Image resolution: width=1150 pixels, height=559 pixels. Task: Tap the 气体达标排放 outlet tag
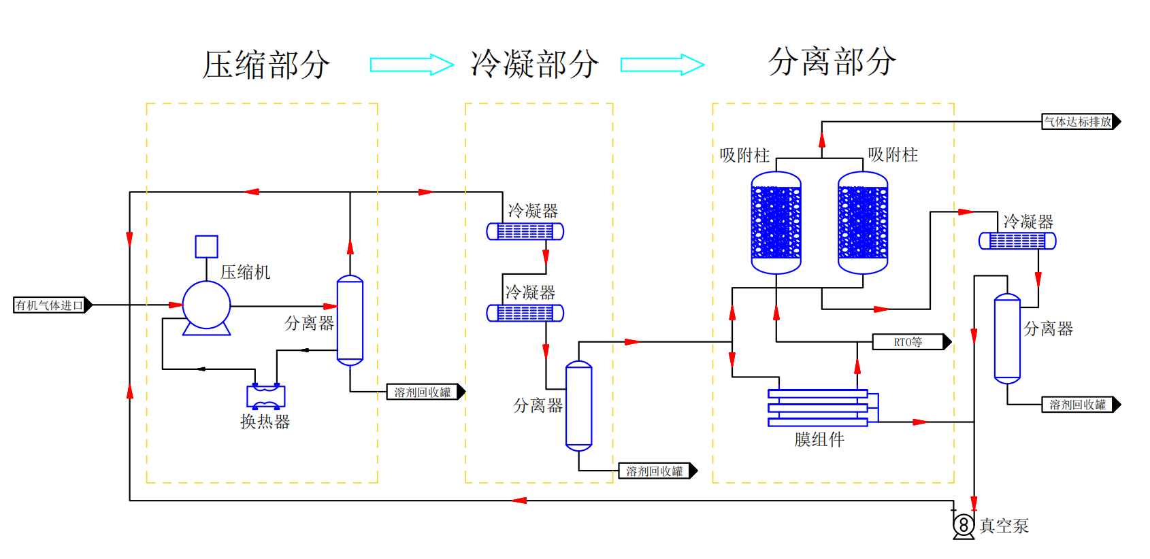pyautogui.click(x=1081, y=122)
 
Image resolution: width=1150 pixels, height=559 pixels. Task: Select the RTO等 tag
pyautogui.click(x=912, y=341)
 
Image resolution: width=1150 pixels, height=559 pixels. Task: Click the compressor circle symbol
pyautogui.click(x=206, y=305)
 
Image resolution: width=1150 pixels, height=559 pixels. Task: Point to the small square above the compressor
pyautogui.click(x=206, y=247)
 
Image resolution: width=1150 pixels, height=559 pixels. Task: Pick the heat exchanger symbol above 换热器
pyautogui.click(x=266, y=396)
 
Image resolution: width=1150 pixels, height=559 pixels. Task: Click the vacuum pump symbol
pyautogui.click(x=964, y=525)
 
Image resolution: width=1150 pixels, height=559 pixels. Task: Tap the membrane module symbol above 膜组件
pyautogui.click(x=823, y=408)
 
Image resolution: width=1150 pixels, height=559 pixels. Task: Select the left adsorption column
pyautogui.click(x=776, y=222)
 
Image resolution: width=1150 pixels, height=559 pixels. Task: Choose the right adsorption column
pyautogui.click(x=863, y=222)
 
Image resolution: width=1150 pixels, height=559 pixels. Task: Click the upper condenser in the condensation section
pyautogui.click(x=525, y=231)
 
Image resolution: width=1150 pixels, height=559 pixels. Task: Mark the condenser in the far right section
pyautogui.click(x=1017, y=241)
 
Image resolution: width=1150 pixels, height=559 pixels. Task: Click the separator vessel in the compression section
pyautogui.click(x=350, y=320)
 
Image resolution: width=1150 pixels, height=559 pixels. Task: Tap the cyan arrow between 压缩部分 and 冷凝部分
pyautogui.click(x=412, y=65)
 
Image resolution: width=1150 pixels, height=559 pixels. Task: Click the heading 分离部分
pyautogui.click(x=832, y=62)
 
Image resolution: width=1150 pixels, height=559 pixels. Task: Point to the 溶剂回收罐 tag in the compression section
pyautogui.click(x=426, y=392)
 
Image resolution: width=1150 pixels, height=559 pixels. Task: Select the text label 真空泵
pyautogui.click(x=1004, y=526)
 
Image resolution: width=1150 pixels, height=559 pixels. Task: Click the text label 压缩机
pyautogui.click(x=245, y=272)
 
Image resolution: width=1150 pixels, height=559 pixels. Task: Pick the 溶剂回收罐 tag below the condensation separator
pyautogui.click(x=658, y=471)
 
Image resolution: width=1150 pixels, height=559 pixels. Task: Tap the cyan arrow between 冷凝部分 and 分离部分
pyautogui.click(x=662, y=65)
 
